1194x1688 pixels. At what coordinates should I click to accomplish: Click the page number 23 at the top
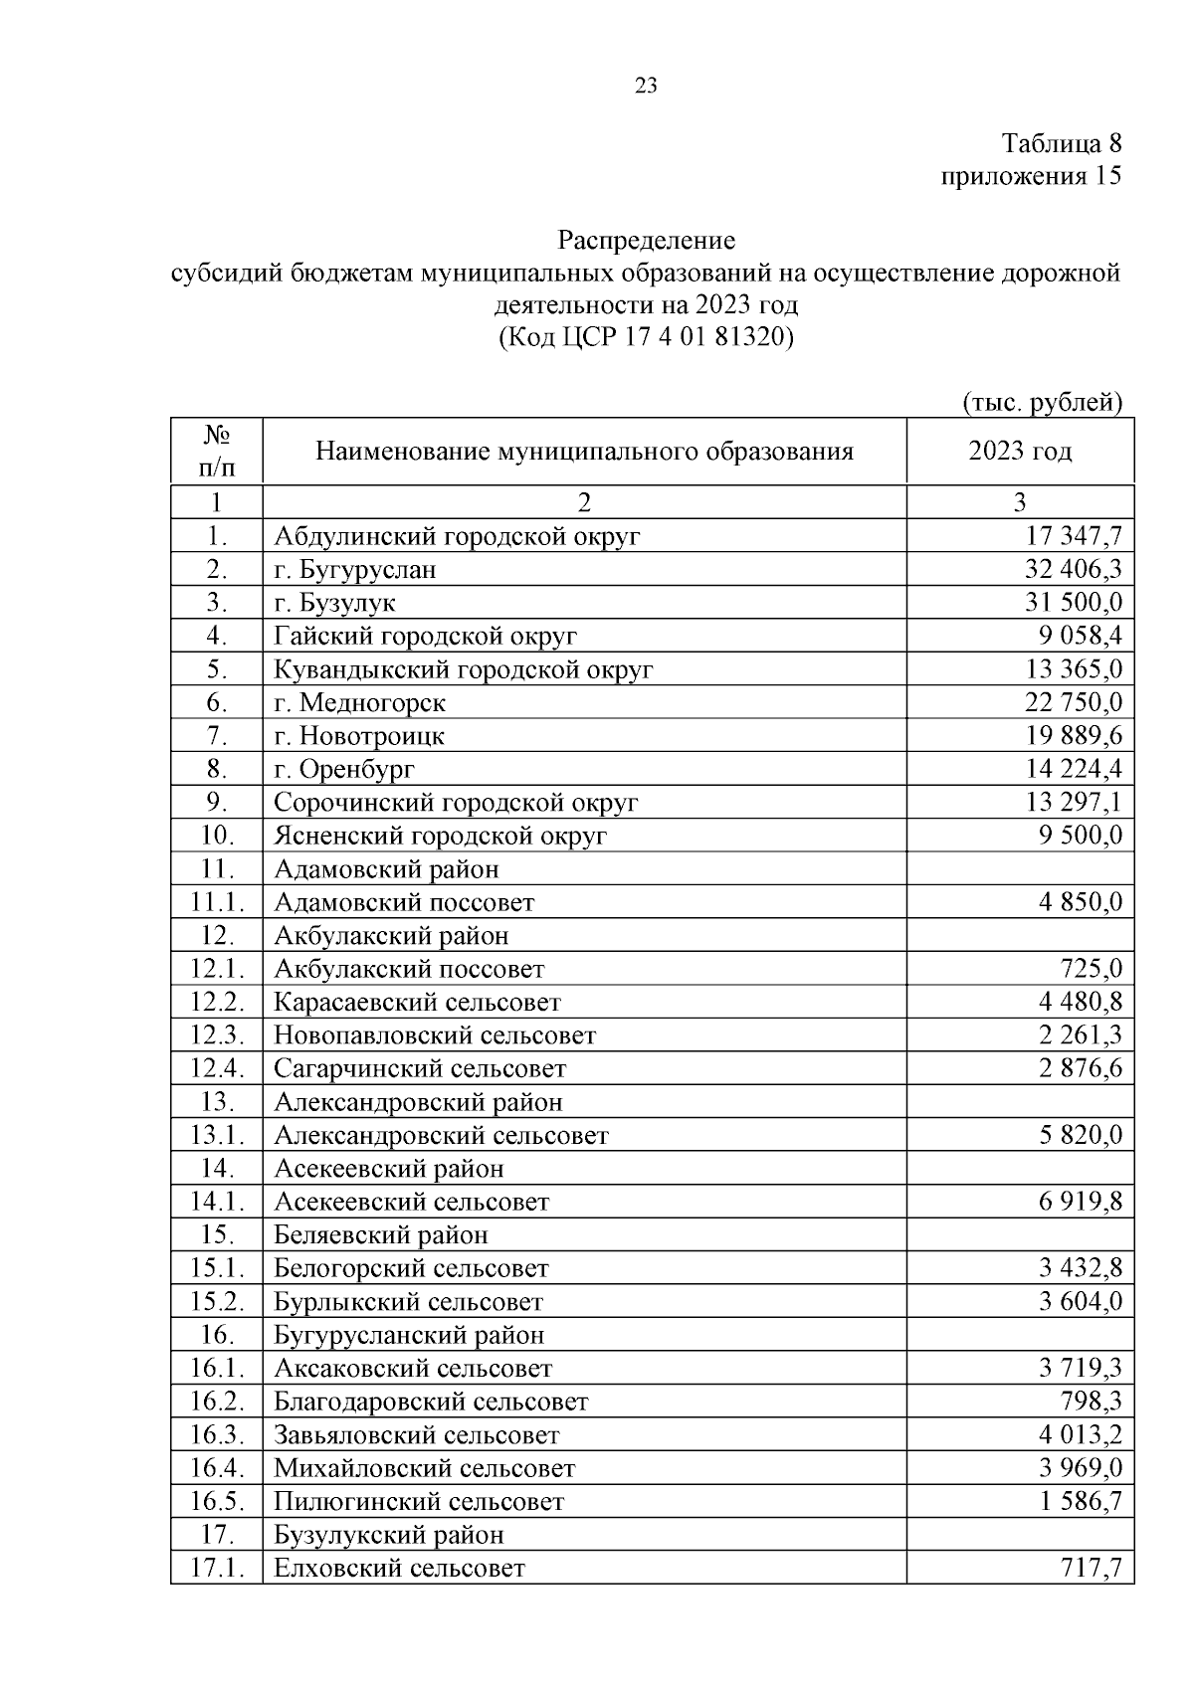646,86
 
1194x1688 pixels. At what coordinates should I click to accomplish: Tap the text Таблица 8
1061,143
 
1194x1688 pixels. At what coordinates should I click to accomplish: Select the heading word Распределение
646,241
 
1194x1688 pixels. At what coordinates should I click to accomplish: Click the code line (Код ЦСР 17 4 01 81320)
646,337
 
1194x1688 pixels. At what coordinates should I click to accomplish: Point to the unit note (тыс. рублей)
1042,402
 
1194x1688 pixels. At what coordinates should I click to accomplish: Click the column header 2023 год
1020,452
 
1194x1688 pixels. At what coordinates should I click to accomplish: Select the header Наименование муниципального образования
584,452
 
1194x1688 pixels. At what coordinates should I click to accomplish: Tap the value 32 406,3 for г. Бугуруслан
1073,570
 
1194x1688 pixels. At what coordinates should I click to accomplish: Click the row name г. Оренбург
344,769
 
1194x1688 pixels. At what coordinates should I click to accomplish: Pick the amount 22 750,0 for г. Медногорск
1073,702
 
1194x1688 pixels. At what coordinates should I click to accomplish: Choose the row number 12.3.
217,1035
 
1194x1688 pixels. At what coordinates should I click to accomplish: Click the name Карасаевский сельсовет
417,1003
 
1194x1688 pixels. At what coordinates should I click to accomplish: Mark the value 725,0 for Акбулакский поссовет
1091,969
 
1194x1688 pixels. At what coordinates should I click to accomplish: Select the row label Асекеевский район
389,1169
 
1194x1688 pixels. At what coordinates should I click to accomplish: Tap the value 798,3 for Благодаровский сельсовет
1091,1402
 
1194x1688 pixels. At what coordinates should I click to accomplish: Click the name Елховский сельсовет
399,1569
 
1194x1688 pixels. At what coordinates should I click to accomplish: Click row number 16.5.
217,1502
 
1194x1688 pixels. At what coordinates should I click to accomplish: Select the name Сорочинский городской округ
456,803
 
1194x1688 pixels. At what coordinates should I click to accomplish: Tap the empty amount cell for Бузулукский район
1020,1535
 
